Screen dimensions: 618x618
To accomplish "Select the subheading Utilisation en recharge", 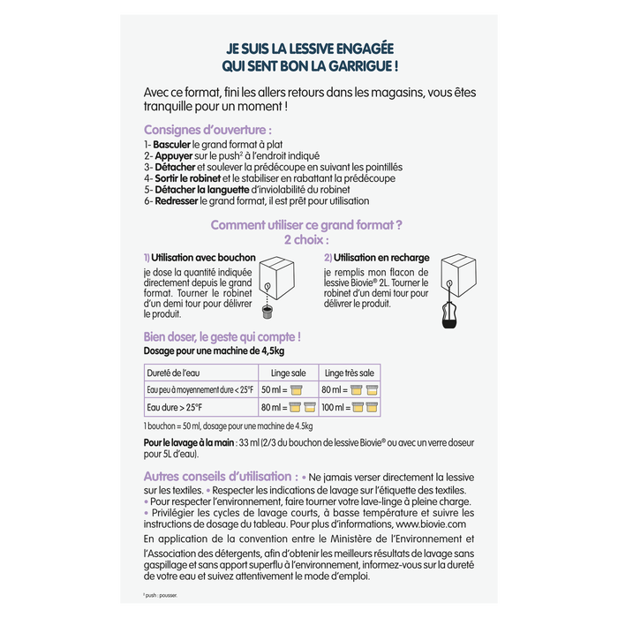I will tap(372, 257).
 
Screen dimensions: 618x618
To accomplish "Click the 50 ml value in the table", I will tap(273, 390).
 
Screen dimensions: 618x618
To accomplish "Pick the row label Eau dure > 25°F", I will tap(175, 407).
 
